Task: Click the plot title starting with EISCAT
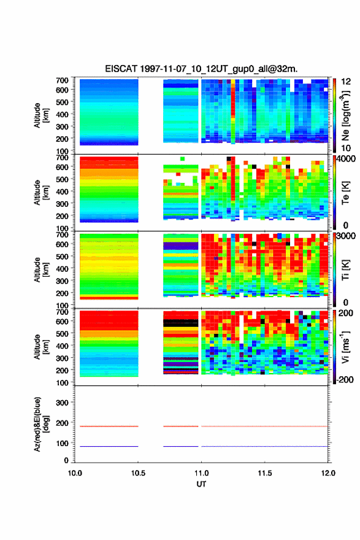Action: coord(201,69)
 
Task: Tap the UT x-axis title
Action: coord(201,484)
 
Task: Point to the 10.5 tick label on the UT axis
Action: coord(138,473)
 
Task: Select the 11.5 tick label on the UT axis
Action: coord(264,473)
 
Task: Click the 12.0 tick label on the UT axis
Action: coord(328,473)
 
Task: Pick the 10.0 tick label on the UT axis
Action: coord(75,473)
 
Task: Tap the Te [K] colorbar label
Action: coord(345,193)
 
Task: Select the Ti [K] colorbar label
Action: coord(345,270)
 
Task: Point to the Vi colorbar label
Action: coord(345,347)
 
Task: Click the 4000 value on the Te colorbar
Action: coord(347,159)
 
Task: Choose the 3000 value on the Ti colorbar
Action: coord(347,236)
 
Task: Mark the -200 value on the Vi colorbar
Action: coord(345,379)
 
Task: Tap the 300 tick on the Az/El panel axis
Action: coord(62,403)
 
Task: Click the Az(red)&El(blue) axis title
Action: coord(41,424)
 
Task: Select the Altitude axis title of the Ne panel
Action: coord(41,115)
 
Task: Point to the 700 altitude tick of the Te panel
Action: coord(62,157)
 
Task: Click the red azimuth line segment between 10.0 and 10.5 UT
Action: coord(109,426)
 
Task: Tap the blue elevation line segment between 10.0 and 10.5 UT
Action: coord(109,446)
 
